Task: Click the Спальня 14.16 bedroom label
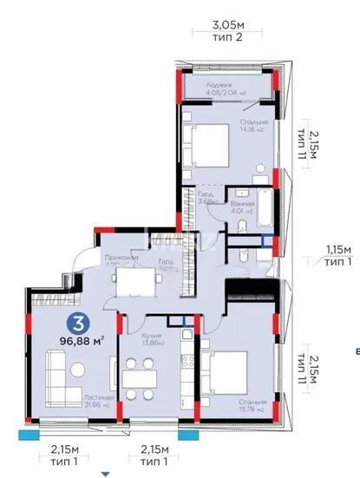click(254, 127)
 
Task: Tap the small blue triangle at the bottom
click(106, 473)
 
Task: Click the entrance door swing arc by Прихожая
click(85, 259)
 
